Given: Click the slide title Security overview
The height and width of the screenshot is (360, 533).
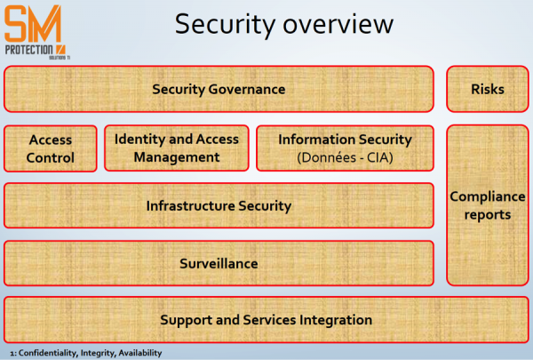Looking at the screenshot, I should tap(283, 24).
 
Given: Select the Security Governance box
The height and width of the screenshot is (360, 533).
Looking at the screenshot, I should tap(219, 89).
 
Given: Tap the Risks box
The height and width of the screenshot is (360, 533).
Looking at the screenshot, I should tap(488, 89).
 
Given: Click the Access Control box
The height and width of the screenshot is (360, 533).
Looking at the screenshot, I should tap(50, 149).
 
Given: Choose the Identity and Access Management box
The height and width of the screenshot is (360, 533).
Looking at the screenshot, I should tap(176, 148).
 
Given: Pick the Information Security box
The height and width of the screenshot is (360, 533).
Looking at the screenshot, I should tap(345, 148).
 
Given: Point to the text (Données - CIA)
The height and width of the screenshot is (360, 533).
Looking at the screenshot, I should tap(345, 157).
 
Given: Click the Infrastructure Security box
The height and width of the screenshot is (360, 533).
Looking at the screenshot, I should tap(219, 205).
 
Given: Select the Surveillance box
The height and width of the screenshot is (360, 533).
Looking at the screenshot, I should tap(219, 263).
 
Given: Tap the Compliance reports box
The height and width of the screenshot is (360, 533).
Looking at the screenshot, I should tap(488, 205).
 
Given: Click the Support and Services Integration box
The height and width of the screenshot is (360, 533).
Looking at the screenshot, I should tap(266, 320).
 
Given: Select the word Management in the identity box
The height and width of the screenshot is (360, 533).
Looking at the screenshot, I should tap(176, 157).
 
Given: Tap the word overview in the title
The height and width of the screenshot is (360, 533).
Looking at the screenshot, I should tap(338, 24).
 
